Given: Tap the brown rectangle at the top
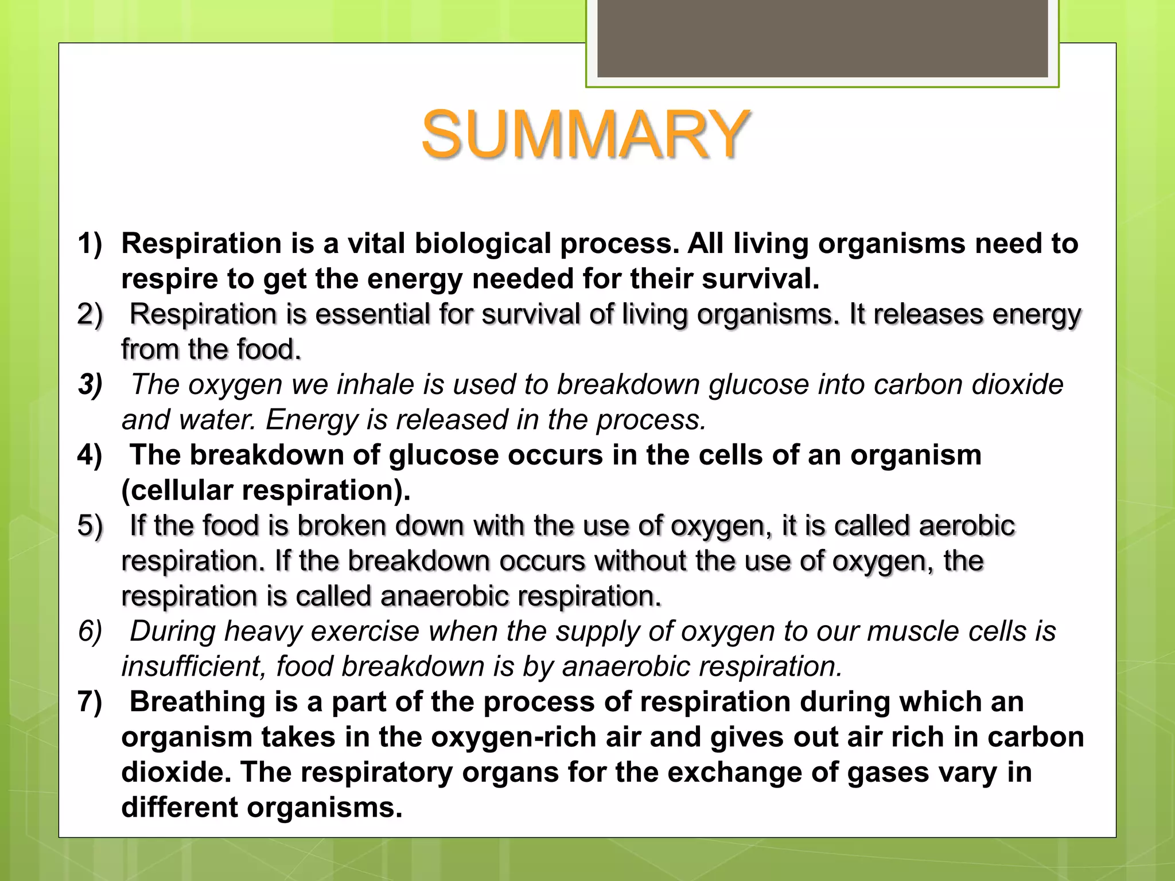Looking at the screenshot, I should [822, 39].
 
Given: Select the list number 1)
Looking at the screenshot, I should [90, 243].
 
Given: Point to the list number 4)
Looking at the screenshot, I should [90, 455].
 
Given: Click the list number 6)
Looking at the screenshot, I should [90, 631].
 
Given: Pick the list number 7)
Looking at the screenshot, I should [90, 701].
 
